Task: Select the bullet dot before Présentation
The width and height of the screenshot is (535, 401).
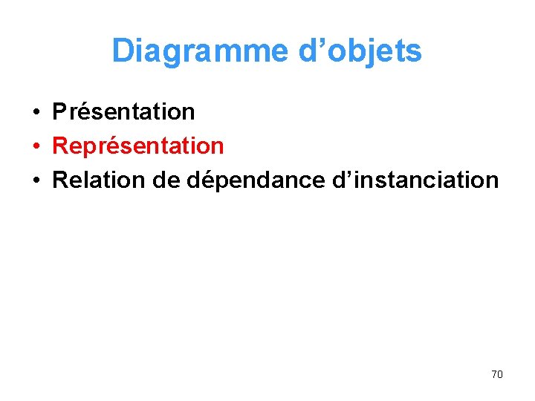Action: point(36,113)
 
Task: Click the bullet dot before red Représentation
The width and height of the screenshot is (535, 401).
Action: point(36,146)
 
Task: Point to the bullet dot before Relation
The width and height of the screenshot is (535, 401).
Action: point(36,180)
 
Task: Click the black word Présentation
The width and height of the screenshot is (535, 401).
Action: point(123,112)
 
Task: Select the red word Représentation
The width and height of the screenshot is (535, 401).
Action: point(138,146)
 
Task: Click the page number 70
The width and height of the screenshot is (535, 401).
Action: point(497,374)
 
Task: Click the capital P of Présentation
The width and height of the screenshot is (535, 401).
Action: point(59,112)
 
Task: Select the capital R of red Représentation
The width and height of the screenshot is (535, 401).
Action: point(60,146)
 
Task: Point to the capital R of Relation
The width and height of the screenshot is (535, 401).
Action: point(60,180)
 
